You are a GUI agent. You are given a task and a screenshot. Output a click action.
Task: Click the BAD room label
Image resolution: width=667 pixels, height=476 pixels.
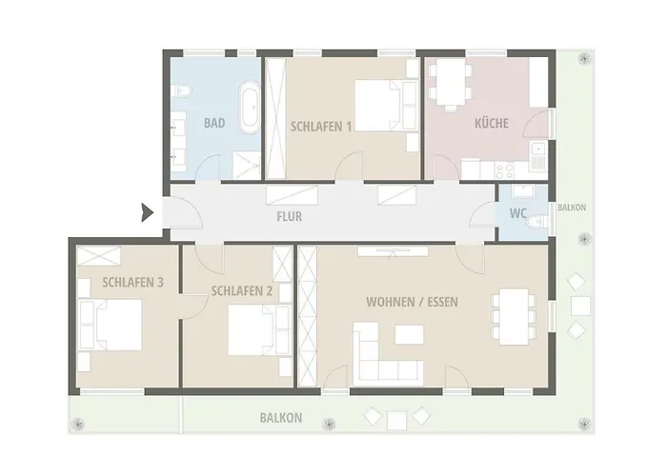coord(214,123)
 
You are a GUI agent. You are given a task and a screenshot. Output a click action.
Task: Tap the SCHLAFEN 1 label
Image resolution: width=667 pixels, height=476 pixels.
coord(321,127)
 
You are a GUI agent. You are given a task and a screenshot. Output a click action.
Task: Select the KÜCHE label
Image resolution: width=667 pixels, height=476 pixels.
coord(492,123)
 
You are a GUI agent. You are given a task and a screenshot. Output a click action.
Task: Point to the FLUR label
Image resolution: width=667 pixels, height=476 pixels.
coord(290,216)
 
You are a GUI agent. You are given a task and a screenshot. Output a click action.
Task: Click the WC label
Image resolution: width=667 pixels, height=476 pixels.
coord(518,213)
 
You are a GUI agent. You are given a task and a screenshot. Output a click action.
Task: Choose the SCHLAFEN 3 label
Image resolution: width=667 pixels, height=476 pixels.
coord(132,282)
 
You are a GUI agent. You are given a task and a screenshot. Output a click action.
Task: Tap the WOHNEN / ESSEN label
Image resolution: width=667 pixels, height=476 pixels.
coord(412,302)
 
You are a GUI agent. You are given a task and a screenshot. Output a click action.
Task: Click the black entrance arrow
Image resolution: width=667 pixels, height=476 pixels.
coord(147,212)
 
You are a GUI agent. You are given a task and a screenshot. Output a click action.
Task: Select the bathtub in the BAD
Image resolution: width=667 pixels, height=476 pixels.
coord(250,107)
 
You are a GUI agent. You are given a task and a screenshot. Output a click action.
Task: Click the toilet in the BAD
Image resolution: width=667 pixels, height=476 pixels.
coord(181,91)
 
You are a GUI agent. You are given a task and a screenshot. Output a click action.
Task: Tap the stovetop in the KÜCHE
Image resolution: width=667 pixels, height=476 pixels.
coord(504,170)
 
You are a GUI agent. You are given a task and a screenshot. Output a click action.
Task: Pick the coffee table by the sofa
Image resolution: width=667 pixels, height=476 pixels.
coord(409,334)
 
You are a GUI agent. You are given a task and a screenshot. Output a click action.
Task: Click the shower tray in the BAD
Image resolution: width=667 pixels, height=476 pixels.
coord(247,165)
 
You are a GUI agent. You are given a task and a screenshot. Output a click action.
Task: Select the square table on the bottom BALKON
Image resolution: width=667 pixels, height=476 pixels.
coord(397,421)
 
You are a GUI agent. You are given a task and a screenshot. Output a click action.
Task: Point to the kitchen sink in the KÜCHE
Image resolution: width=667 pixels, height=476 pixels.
coord(539,156)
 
